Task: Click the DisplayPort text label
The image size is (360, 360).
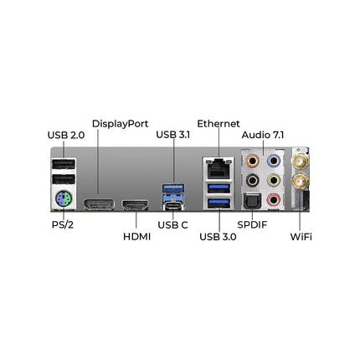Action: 120,124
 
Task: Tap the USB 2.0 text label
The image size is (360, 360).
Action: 66,136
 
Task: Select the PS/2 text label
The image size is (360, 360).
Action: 63,225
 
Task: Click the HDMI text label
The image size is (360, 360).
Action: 136,237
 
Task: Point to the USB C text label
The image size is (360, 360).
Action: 172,225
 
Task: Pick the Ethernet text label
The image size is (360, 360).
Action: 219,124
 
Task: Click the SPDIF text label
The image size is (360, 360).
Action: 252,224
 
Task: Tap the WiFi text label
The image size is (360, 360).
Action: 301,237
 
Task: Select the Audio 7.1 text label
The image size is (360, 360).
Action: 263,135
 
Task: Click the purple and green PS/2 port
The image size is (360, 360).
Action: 64,199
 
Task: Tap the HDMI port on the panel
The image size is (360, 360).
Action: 136,205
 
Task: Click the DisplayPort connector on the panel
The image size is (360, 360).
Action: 99,204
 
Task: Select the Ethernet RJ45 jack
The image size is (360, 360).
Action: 219,169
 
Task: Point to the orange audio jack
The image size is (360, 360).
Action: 253,161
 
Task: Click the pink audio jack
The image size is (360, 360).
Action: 274,199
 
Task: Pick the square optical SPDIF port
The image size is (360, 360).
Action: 252,201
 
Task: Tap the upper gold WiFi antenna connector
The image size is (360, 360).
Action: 301,161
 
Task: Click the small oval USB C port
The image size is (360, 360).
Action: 173,207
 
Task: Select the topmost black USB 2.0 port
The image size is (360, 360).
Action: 64,164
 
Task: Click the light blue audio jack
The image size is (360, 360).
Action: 274,161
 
